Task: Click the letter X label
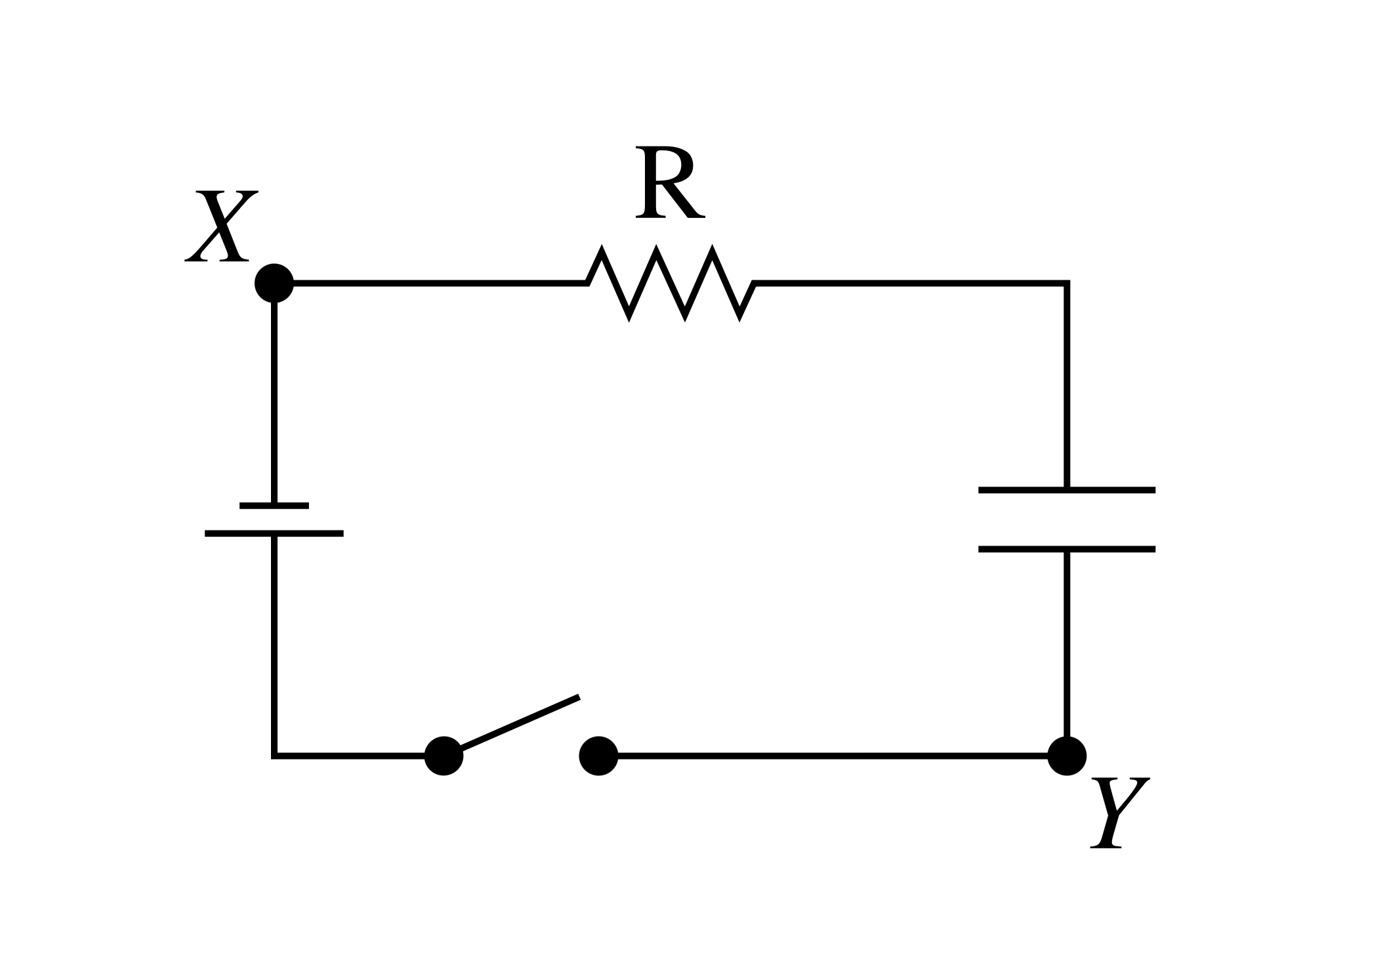click(x=221, y=226)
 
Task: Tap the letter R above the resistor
click(x=669, y=183)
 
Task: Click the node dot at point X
click(x=274, y=283)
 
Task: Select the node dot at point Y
click(x=1066, y=756)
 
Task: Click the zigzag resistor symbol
click(x=671, y=283)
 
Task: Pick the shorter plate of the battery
click(x=274, y=506)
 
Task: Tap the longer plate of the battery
click(x=274, y=534)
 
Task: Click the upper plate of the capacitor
click(x=1066, y=490)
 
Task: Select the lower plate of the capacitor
click(x=1066, y=549)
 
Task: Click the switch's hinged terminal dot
click(x=444, y=756)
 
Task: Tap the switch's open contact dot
click(x=598, y=756)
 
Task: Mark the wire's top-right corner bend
click(x=1066, y=284)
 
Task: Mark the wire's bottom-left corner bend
click(x=274, y=756)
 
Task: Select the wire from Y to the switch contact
click(x=833, y=756)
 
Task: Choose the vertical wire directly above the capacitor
click(x=1066, y=387)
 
